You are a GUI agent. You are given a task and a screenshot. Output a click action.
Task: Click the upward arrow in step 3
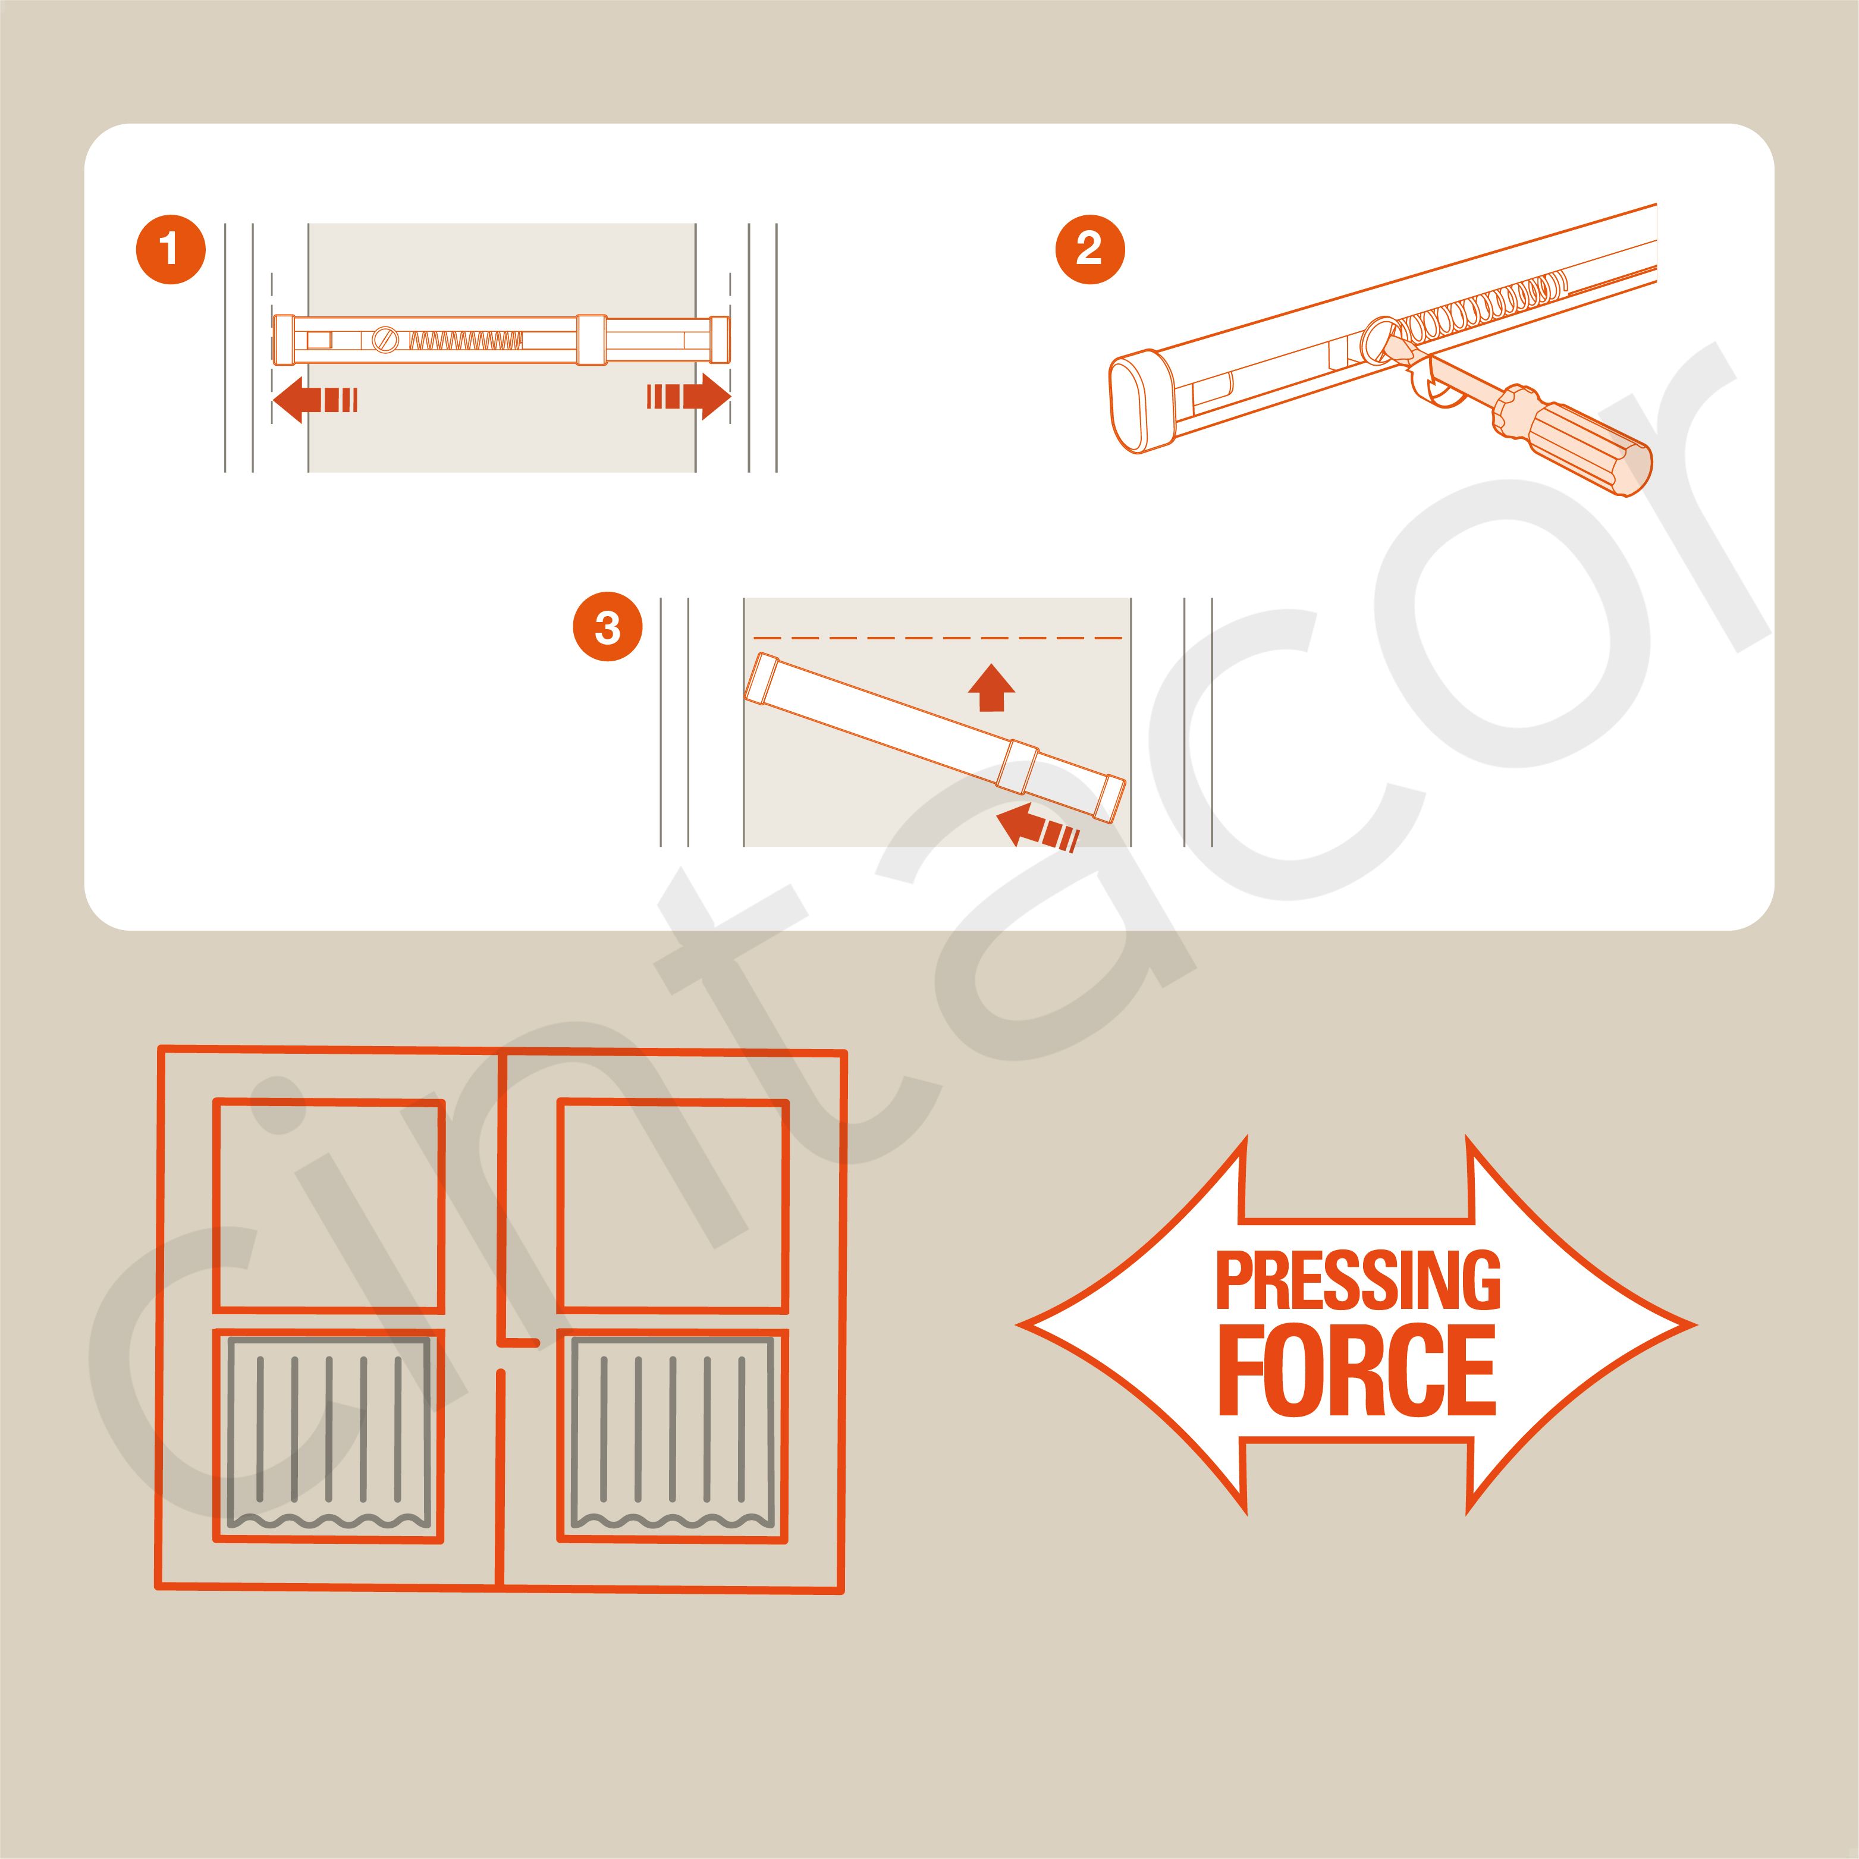click(x=991, y=687)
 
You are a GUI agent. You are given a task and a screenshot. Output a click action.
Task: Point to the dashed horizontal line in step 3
click(x=938, y=638)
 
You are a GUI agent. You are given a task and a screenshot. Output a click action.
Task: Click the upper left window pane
click(x=328, y=1205)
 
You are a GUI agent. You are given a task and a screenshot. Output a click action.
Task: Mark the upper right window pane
click(x=673, y=1205)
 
